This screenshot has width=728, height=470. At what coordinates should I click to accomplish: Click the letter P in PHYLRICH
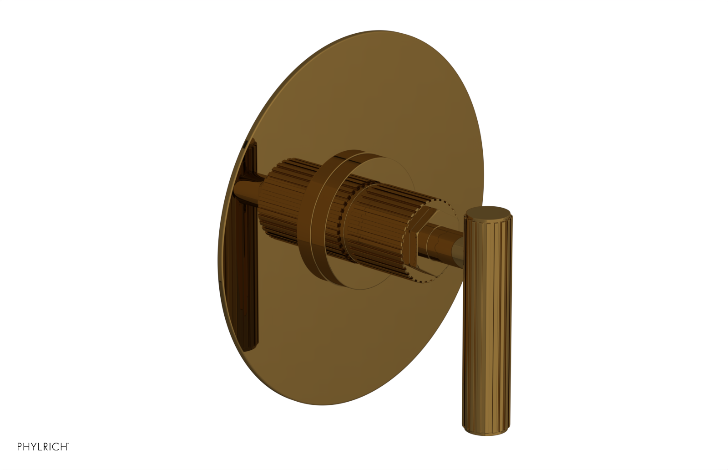tap(20, 447)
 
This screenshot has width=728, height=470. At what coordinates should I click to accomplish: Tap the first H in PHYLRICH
tap(26, 447)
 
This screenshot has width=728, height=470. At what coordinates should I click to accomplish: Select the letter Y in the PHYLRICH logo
tap(34, 447)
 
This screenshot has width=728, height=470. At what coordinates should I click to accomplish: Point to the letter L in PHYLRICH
tap(40, 447)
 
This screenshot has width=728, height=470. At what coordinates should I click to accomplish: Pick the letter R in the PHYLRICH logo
tap(45, 447)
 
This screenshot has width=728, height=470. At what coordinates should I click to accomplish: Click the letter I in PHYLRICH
tap(51, 447)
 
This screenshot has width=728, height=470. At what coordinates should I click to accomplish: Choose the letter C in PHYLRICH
tap(56, 447)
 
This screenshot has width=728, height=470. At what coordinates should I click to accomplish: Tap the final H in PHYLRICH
tap(63, 447)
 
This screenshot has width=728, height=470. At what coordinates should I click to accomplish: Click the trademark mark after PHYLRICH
tap(68, 444)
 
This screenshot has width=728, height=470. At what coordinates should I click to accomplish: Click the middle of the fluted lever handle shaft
tap(487, 319)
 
